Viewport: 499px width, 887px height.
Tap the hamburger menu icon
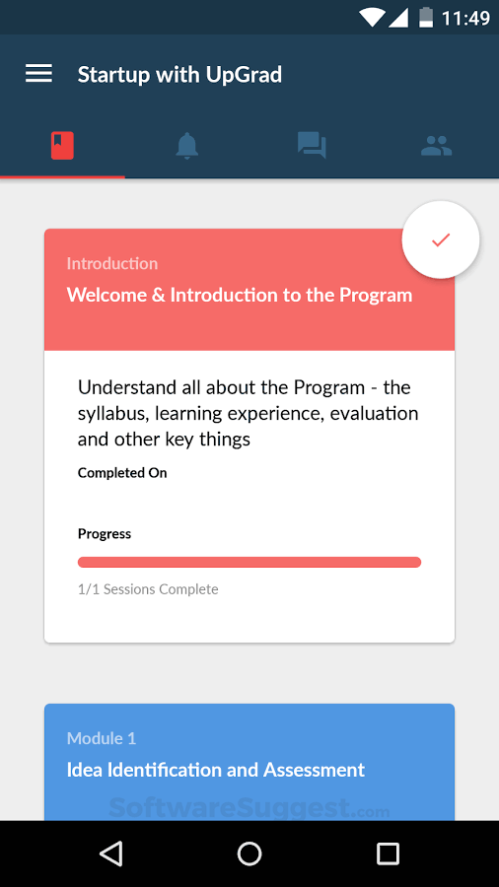coord(38,74)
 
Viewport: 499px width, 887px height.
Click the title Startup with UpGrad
coord(179,74)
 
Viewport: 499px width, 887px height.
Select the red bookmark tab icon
coord(62,146)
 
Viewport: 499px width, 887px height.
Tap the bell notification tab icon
coord(186,146)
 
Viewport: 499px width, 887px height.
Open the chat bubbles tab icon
coord(312,146)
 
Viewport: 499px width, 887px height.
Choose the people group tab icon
coord(436,146)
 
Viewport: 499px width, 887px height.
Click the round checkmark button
coord(441,239)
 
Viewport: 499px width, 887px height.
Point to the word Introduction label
coord(111,263)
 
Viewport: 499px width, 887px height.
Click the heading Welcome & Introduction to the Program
coord(239,295)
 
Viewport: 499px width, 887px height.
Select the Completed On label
coord(122,473)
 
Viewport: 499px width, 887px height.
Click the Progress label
coord(105,534)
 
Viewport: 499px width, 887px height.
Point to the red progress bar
coord(249,563)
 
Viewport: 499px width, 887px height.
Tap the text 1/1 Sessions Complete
coord(148,589)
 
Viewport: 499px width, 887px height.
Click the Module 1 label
coord(102,738)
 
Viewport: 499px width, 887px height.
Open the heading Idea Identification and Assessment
coord(215,770)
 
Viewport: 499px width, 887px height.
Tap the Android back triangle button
coord(111,853)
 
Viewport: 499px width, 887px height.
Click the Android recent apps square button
coord(389,853)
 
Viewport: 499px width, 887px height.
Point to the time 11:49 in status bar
coord(465,18)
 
